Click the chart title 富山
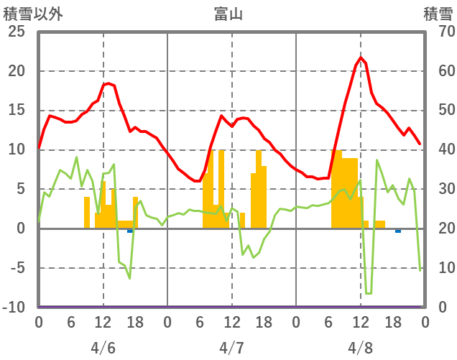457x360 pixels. (x=228, y=14)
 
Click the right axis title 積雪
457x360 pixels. (x=437, y=14)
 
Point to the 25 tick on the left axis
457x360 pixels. (x=16, y=32)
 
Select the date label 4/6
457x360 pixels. (x=103, y=348)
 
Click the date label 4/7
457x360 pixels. (x=231, y=348)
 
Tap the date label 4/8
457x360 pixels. (x=360, y=348)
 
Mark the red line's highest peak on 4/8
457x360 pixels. (x=361, y=58)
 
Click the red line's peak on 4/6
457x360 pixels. (x=108, y=83)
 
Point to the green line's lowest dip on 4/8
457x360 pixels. (x=369, y=293)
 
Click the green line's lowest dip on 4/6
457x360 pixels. (x=130, y=278)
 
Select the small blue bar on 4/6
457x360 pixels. (x=130, y=231)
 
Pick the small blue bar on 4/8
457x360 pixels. (x=398, y=231)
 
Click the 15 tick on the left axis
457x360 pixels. (x=16, y=111)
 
